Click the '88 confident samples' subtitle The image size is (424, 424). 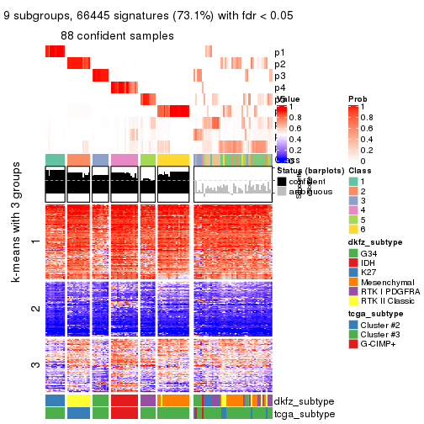117,35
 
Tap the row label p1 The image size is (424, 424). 279,52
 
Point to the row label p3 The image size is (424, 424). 279,76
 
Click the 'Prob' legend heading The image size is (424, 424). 358,99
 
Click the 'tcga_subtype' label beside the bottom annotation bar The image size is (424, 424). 305,414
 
